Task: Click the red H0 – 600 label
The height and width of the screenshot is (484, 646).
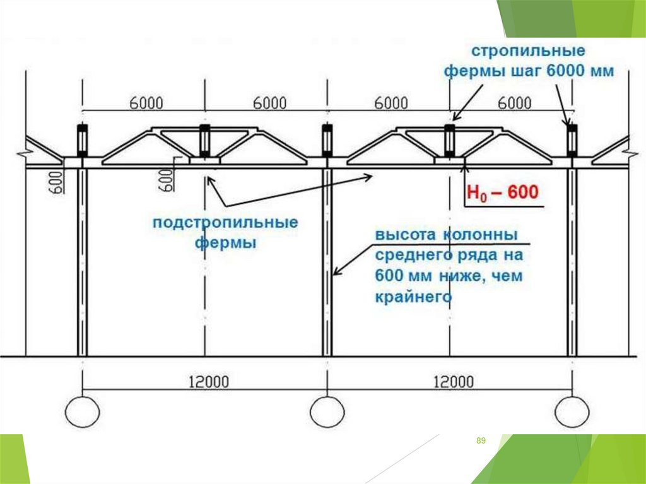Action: click(503, 191)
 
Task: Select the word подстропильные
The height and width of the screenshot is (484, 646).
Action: click(225, 223)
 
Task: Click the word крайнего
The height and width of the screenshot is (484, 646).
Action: click(413, 296)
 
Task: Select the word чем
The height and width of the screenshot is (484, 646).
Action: click(510, 276)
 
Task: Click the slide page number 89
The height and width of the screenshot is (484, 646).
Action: click(481, 440)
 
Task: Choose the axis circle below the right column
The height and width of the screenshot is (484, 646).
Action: click(572, 411)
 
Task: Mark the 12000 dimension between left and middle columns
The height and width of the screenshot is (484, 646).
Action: click(209, 381)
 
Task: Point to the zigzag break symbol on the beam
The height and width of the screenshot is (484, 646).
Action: click(25, 153)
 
